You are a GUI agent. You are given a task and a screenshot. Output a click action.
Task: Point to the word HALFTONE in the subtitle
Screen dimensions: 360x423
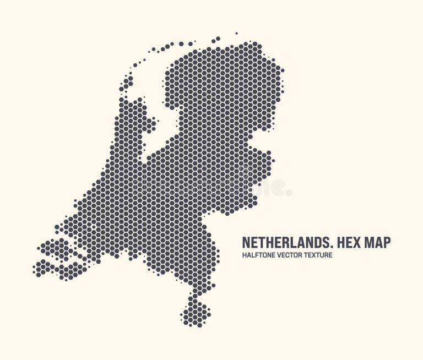click(257, 255)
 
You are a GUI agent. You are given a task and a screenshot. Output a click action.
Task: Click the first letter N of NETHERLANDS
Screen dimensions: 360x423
click(246, 242)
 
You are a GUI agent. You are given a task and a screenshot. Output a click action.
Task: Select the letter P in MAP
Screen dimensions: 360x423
click(387, 242)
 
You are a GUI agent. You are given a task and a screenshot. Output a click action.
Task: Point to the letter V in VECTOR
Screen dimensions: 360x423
click(277, 255)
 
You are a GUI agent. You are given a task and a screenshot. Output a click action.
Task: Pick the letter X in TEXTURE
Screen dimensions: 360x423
click(315, 255)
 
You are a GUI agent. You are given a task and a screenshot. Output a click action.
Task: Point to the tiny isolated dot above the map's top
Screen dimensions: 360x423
click(237, 34)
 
